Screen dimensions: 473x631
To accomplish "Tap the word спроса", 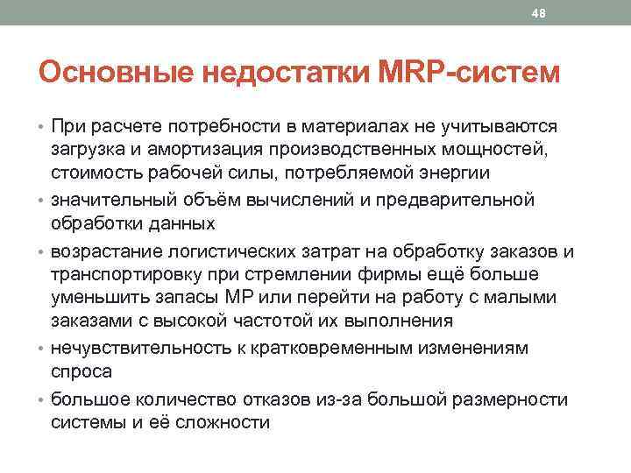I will [x=82, y=371].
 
